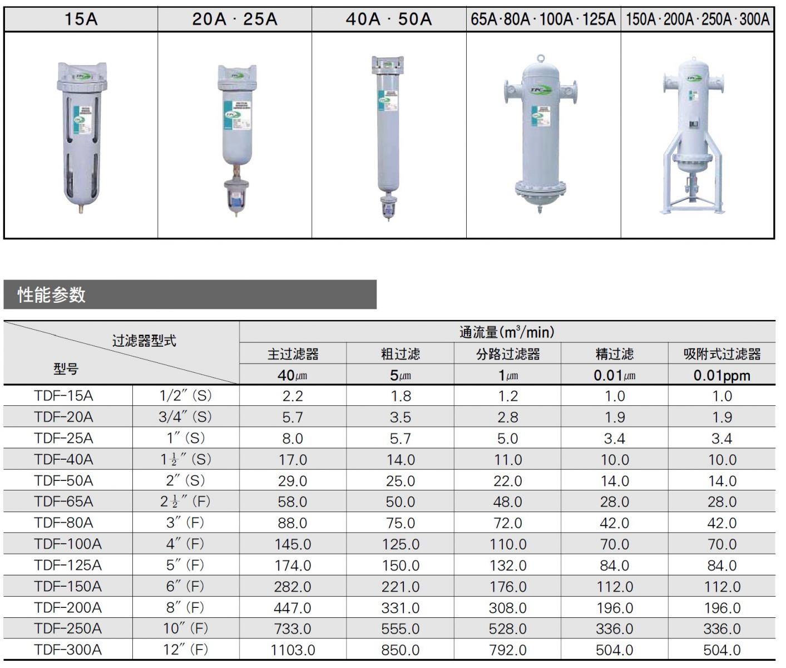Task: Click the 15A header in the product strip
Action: coord(81,19)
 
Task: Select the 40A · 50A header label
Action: coord(389,19)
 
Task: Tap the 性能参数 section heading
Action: coord(51,294)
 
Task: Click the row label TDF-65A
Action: coord(63,502)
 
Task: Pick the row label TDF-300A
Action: coord(68,650)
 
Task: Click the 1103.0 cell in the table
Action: coord(293,650)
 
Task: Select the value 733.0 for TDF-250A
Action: coord(293,629)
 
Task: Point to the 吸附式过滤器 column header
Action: coord(721,354)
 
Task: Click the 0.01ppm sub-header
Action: coord(721,375)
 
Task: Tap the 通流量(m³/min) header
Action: coord(507,332)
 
